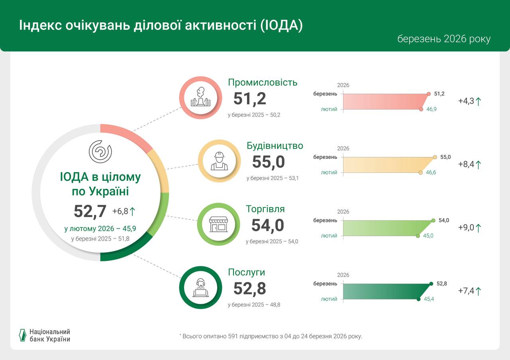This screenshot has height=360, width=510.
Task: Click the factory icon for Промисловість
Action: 200,98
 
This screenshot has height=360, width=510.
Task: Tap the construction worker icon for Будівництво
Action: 219,161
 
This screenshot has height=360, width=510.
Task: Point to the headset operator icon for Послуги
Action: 200,288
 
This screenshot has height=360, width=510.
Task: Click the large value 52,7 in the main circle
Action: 90,211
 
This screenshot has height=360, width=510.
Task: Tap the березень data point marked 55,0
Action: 435,157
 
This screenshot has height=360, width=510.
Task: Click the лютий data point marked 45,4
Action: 418,299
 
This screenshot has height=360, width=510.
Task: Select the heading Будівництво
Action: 275,146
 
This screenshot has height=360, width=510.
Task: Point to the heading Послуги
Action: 246,272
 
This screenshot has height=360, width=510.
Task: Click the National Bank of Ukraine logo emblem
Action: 23,335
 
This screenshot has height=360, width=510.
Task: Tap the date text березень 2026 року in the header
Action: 443,39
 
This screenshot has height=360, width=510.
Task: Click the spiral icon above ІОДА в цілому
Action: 100,151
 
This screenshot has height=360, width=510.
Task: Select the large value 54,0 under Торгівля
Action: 267,225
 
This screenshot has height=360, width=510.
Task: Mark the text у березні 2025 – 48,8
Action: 257,305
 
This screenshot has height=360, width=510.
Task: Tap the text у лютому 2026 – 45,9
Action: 100,229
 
